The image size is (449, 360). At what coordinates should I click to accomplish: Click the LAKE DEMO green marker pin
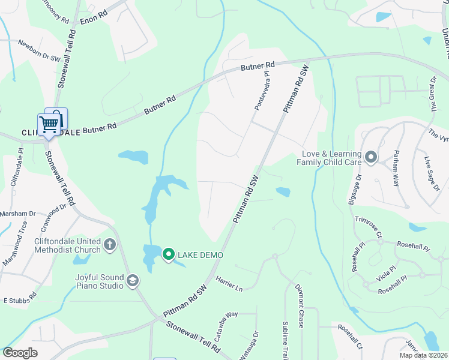tap(169, 255)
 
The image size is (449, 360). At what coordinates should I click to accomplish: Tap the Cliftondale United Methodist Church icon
tap(109, 244)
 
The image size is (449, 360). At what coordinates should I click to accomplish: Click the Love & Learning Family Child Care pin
tap(370, 158)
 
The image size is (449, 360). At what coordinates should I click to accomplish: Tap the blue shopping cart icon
tap(49, 124)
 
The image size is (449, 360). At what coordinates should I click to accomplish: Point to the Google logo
tap(20, 353)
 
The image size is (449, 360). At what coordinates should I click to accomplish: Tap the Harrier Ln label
tap(229, 284)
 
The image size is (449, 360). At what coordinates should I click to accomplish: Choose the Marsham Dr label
tap(18, 214)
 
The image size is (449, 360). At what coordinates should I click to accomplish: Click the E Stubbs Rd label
tap(20, 299)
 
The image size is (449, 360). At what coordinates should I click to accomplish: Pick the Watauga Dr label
tap(256, 344)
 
